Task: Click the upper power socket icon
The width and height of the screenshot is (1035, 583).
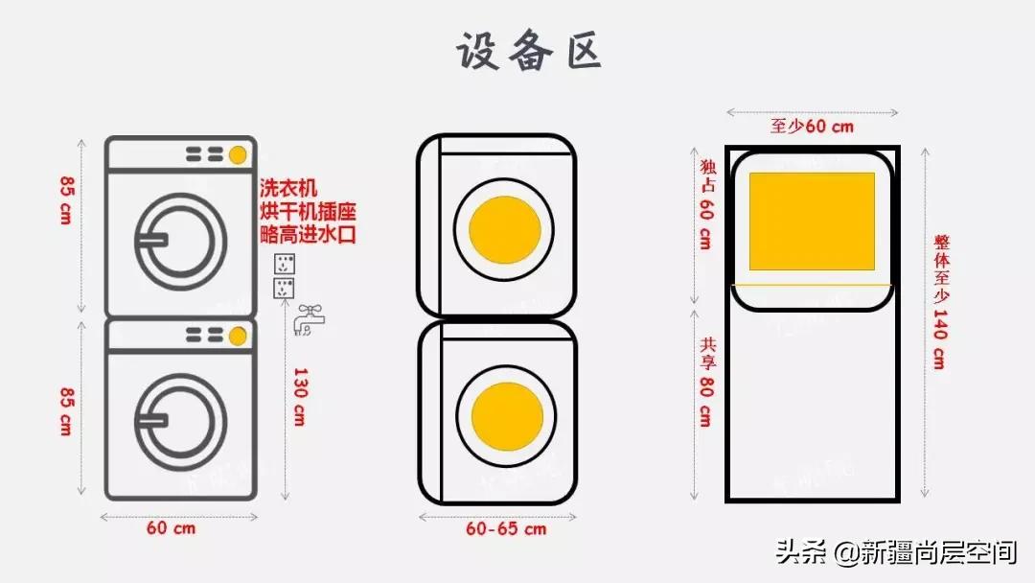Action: click(285, 264)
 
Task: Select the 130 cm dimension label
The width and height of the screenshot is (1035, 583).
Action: click(299, 397)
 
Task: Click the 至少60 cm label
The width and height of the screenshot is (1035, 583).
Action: click(812, 126)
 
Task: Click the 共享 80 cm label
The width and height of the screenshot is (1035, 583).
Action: click(705, 382)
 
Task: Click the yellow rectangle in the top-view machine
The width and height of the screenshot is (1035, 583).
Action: click(812, 222)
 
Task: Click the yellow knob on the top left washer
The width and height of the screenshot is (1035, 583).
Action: click(237, 153)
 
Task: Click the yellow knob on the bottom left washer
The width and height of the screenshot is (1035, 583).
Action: click(237, 335)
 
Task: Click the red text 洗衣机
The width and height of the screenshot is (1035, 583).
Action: click(288, 188)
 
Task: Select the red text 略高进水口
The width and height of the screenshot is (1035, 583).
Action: click(308, 233)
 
